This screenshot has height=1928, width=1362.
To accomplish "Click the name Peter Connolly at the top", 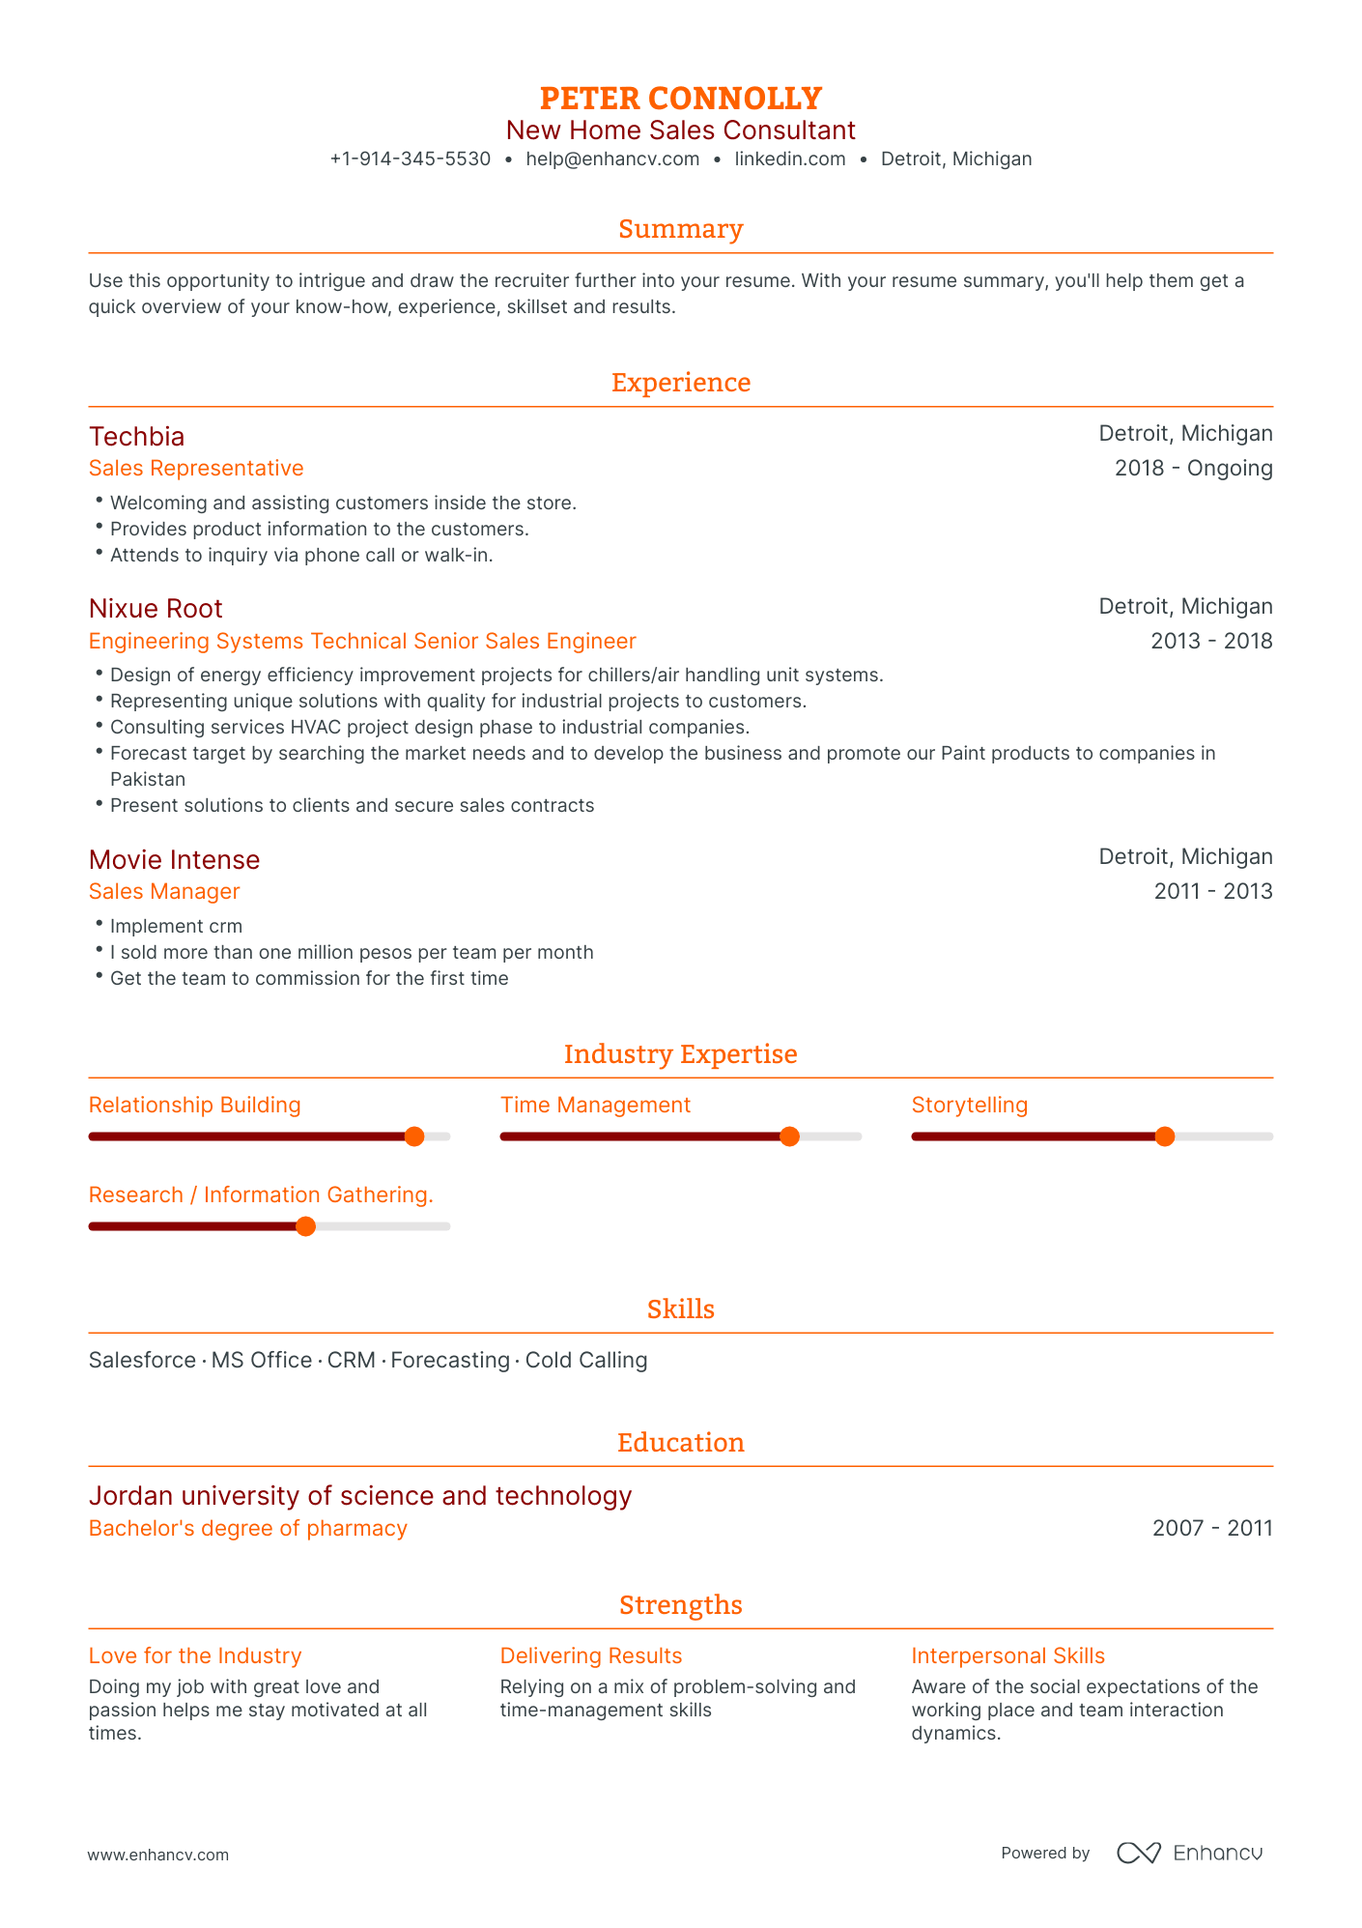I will tap(680, 99).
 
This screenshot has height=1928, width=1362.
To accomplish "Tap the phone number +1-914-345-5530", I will tap(410, 159).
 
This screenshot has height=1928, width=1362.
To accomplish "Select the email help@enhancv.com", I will tap(612, 159).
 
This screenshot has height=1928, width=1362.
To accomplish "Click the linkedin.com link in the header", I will tap(789, 159).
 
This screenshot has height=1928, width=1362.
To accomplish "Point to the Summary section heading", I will tap(680, 229).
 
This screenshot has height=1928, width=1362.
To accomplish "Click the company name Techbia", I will tap(136, 436).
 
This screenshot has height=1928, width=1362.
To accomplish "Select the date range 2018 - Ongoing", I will tap(1193, 469).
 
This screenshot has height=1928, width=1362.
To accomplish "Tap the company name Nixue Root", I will tap(156, 609).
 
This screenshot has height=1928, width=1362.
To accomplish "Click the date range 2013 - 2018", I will tap(1211, 642).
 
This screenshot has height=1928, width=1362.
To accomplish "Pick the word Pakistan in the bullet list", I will tap(148, 780).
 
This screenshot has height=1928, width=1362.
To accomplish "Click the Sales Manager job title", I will tap(164, 892).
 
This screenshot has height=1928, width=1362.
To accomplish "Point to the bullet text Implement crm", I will tap(176, 927).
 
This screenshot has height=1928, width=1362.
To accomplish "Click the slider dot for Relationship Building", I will tap(414, 1137).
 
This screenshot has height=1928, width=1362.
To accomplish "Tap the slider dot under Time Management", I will tap(789, 1137).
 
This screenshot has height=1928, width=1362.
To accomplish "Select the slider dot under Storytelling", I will tap(1165, 1137).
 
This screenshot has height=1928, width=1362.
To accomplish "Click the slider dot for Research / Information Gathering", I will tap(305, 1226).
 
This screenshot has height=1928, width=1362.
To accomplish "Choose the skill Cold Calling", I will tap(586, 1361).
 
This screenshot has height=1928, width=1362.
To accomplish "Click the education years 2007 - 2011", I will tap(1212, 1529).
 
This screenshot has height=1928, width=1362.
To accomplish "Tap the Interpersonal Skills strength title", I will tap(1007, 1656).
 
